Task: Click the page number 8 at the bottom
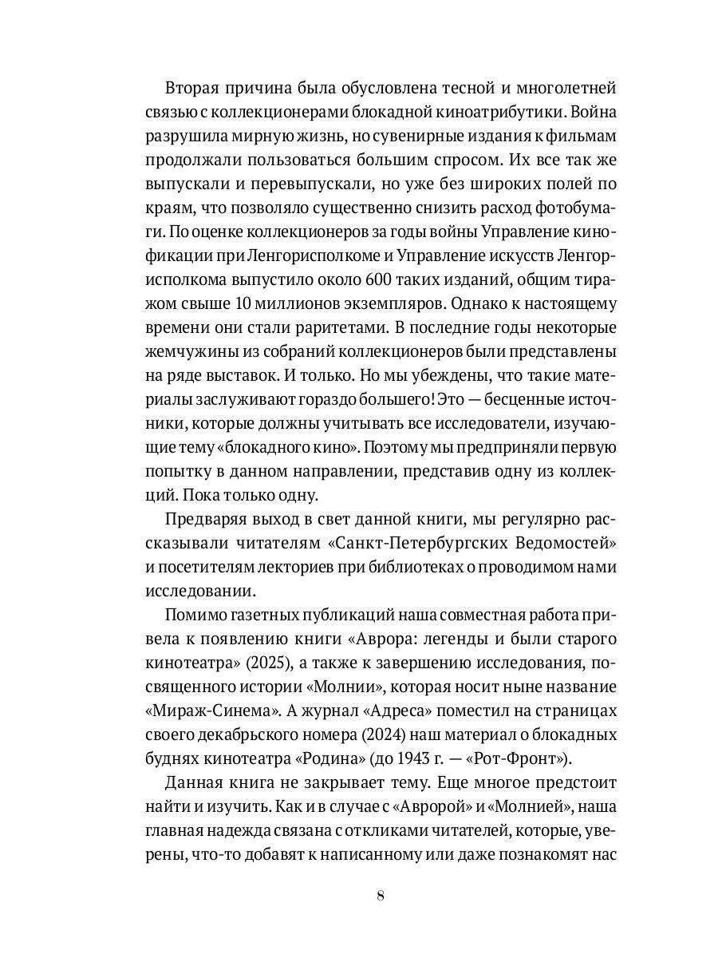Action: tap(380, 897)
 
